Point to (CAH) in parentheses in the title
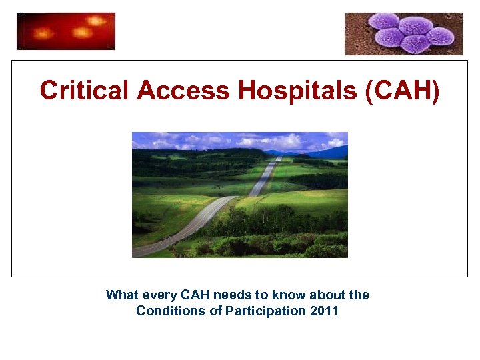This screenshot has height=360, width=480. (x=403, y=91)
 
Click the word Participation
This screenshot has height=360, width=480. (x=264, y=311)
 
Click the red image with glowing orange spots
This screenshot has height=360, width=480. (x=66, y=31)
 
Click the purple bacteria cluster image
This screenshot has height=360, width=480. (x=403, y=33)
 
